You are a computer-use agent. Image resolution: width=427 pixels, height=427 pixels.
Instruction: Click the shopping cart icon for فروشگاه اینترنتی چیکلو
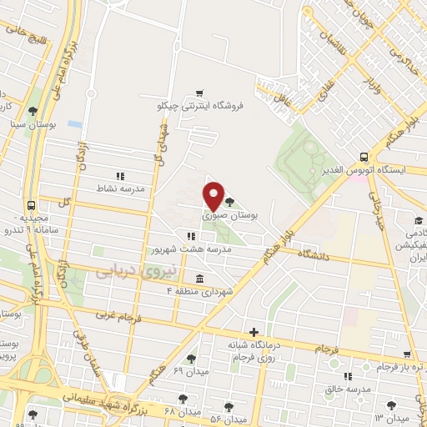click(x=198, y=93)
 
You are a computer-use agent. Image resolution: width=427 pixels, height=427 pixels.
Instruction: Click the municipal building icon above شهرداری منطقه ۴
click(x=198, y=278)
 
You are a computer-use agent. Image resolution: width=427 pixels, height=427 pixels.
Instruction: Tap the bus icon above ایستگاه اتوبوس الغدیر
click(x=364, y=156)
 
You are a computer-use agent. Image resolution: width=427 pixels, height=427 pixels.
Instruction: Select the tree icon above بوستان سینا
click(x=33, y=111)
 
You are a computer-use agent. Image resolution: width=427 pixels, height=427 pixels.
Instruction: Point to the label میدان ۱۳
click(x=392, y=417)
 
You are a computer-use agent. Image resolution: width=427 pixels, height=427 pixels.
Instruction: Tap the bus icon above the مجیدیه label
click(x=32, y=204)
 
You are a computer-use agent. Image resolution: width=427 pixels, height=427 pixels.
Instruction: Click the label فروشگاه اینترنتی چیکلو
click(x=200, y=106)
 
